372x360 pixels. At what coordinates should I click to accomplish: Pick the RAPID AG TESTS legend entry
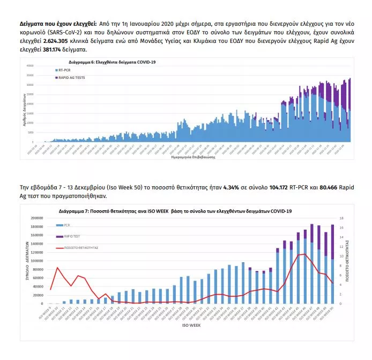71,78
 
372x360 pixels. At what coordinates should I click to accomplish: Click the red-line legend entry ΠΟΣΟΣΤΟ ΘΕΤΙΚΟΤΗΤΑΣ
78,248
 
